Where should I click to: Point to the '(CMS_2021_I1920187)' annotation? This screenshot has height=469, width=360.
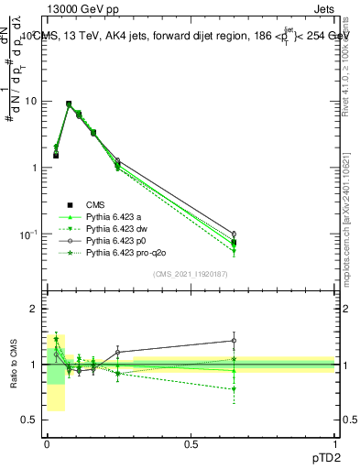(191, 274)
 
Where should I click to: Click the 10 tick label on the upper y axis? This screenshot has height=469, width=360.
(31, 101)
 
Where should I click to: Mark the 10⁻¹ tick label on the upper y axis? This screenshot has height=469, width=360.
(28, 234)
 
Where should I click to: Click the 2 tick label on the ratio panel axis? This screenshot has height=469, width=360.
(34, 309)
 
